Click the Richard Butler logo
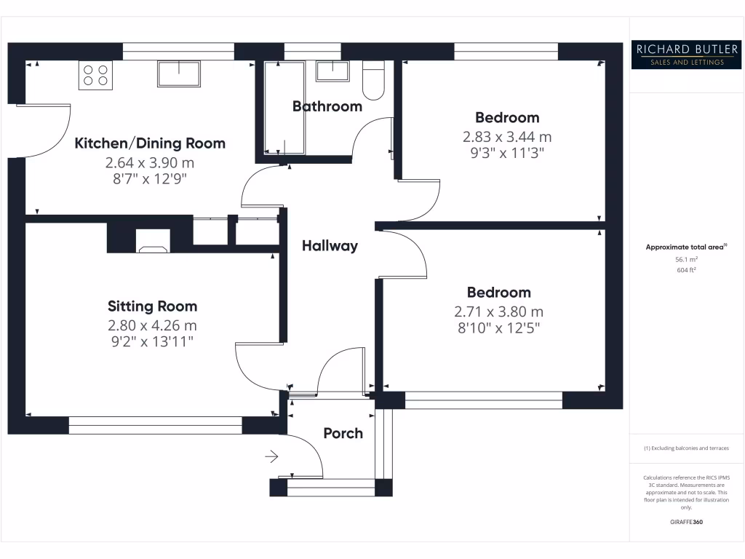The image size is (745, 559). [x=687, y=55]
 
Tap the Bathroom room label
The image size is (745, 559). [x=327, y=106]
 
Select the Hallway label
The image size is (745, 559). [x=330, y=246]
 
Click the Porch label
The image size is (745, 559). [x=343, y=433]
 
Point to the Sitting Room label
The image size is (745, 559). [x=152, y=306]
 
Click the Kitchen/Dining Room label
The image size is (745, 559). [x=150, y=143]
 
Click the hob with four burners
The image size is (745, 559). [x=95, y=75]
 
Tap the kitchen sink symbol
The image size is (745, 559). [x=178, y=74]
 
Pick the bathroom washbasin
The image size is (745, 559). [x=332, y=71]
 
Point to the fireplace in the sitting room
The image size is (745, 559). [x=153, y=242]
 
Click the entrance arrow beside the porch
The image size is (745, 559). [x=271, y=457]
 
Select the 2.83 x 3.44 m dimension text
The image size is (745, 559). [x=507, y=136]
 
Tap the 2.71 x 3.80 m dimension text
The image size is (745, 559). [x=498, y=312]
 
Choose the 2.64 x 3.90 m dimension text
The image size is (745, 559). [x=150, y=162]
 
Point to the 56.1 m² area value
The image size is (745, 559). [x=687, y=259]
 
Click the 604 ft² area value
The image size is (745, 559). [x=687, y=270]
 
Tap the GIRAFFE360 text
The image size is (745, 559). [x=687, y=522]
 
